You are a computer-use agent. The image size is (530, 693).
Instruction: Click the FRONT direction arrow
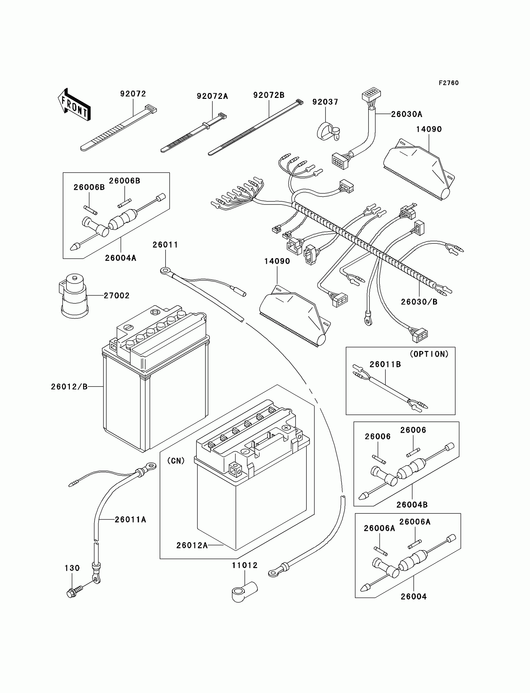click(x=74, y=104)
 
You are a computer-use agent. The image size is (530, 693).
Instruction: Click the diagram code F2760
click(x=449, y=83)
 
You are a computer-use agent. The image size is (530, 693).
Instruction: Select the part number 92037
click(x=325, y=102)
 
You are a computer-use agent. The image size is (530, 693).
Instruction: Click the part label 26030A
click(x=407, y=114)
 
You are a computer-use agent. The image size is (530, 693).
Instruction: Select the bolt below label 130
click(x=75, y=592)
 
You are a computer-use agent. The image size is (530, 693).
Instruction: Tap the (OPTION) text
click(x=429, y=354)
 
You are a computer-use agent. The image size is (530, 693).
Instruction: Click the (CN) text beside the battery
click(x=176, y=461)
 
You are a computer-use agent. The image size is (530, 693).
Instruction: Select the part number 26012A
click(x=192, y=545)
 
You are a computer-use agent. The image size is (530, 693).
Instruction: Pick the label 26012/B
click(x=69, y=387)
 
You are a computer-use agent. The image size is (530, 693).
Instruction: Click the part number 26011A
click(x=130, y=519)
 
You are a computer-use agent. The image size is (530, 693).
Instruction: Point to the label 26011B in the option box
click(x=385, y=364)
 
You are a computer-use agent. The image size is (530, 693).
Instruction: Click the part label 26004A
click(x=121, y=258)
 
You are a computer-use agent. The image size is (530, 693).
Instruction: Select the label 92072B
click(x=269, y=95)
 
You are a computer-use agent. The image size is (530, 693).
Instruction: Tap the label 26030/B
click(x=419, y=302)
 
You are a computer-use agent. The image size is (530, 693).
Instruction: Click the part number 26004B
click(x=412, y=505)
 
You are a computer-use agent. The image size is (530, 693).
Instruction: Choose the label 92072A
click(x=212, y=96)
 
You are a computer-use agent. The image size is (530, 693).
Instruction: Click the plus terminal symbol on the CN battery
click(x=286, y=428)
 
